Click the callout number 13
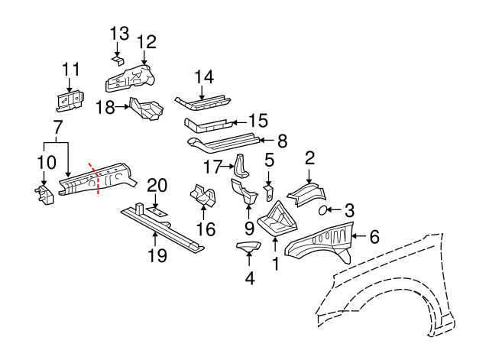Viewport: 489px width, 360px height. (119, 33)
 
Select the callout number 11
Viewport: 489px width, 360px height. (70, 70)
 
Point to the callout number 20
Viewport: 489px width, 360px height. (157, 184)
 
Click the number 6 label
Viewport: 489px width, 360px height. (374, 237)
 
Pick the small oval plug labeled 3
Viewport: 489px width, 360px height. (323, 209)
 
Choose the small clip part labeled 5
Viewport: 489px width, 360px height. (270, 190)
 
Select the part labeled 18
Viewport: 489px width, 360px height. (147, 109)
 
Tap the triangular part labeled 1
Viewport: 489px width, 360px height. (274, 220)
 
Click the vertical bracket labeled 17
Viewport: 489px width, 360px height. (240, 167)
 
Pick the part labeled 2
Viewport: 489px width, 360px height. (306, 193)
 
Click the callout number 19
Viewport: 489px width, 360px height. (157, 256)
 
